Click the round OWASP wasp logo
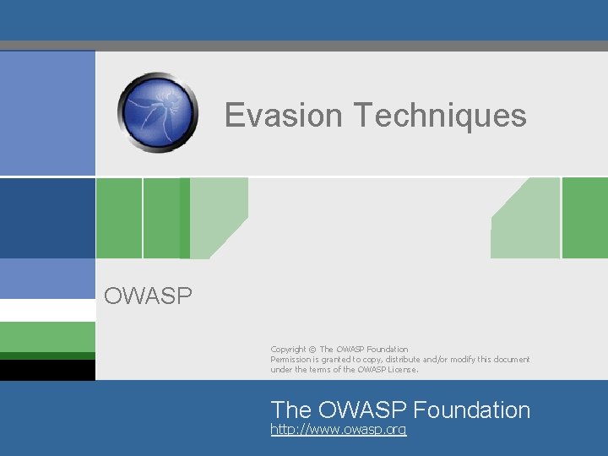click(158, 111)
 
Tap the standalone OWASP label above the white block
click(148, 296)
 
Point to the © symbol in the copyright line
click(312, 350)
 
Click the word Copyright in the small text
click(288, 350)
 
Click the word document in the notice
click(513, 360)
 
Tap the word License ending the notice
click(401, 370)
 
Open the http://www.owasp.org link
click(338, 430)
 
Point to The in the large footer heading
click(290, 410)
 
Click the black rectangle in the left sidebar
click(47, 370)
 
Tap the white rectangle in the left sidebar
click(47, 310)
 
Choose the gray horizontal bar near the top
click(304, 46)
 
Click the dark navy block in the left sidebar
click(47, 217)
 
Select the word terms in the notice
click(328, 370)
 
